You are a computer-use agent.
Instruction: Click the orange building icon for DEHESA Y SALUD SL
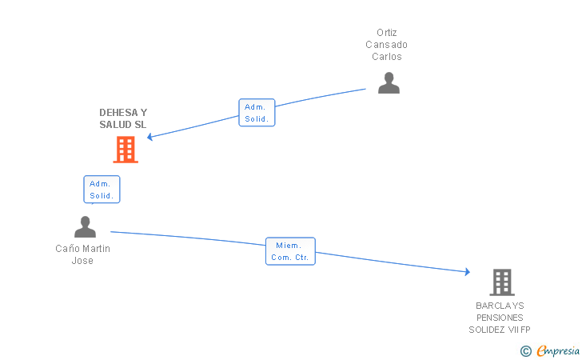[126, 150]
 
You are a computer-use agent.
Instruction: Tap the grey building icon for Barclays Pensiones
[501, 282]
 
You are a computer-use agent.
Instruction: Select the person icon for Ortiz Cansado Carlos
[389, 83]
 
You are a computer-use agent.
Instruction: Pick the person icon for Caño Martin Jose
[85, 227]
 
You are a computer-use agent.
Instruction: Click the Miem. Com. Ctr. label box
[291, 251]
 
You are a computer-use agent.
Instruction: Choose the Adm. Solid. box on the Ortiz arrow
[257, 113]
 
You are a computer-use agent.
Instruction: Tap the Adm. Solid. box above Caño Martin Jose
[102, 190]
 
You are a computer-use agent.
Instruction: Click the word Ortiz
[387, 33]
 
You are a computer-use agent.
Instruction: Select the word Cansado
[387, 45]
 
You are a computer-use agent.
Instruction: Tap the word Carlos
[387, 57]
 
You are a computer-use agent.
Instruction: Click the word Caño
[66, 249]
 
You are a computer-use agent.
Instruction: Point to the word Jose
[82, 261]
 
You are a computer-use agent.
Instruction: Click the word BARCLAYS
[500, 306]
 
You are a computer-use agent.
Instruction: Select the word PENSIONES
[500, 318]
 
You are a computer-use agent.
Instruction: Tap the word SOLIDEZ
[488, 330]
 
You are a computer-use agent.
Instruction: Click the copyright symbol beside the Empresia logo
[525, 350]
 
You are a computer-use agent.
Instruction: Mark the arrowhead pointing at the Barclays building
[467, 272]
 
